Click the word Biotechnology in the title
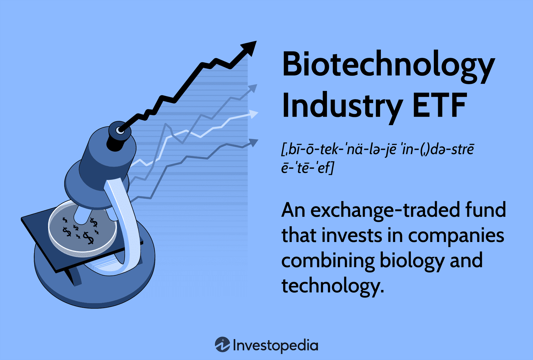pyautogui.click(x=388, y=65)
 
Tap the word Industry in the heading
pyautogui.click(x=341, y=106)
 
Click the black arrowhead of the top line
pyautogui.click(x=249, y=48)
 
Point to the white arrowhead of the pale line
pyautogui.click(x=253, y=114)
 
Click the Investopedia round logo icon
pyautogui.click(x=222, y=345)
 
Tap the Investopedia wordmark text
pyautogui.click(x=275, y=345)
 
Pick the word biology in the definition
pyautogui.click(x=412, y=260)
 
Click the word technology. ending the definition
pyautogui.click(x=333, y=286)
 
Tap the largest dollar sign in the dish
pyautogui.click(x=88, y=238)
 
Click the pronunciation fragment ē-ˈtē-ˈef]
pyautogui.click(x=307, y=167)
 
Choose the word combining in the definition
pyautogui.click(x=328, y=260)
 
